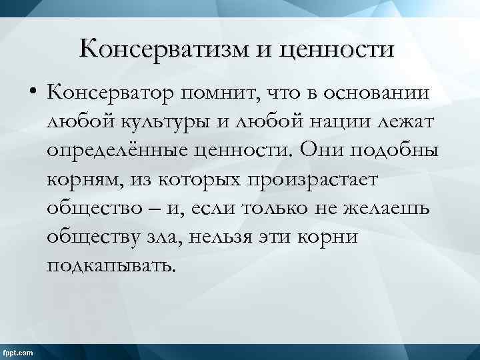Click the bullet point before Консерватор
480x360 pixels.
tap(31, 95)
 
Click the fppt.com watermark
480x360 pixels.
tap(19, 351)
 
